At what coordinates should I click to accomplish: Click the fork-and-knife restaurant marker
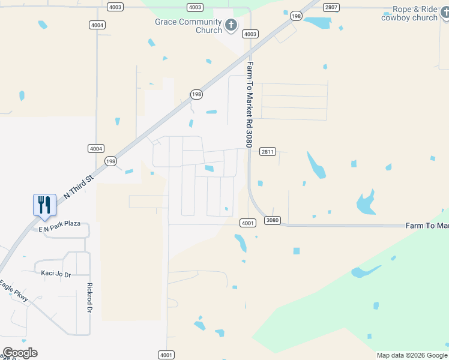pyautogui.click(x=44, y=205)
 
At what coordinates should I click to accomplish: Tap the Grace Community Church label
pyautogui.click(x=188, y=26)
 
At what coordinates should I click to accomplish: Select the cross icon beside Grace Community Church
pyautogui.click(x=231, y=26)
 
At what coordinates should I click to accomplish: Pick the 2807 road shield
pyautogui.click(x=331, y=7)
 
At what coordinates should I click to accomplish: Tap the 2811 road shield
pyautogui.click(x=268, y=152)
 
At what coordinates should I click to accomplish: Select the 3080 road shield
pyautogui.click(x=273, y=220)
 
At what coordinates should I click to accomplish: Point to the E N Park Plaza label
pyautogui.click(x=59, y=223)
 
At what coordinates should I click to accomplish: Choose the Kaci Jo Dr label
pyautogui.click(x=56, y=274)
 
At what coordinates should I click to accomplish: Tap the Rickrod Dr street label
pyautogui.click(x=89, y=298)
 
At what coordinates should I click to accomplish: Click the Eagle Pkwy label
pyautogui.click(x=14, y=291)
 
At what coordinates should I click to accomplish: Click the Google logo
pyautogui.click(x=20, y=353)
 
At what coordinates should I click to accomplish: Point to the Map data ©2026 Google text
pyautogui.click(x=412, y=355)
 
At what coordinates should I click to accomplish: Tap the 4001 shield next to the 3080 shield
pyautogui.click(x=249, y=223)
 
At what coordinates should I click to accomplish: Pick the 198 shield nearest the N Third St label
pyautogui.click(x=110, y=161)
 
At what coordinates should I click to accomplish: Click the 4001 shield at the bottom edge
pyautogui.click(x=166, y=355)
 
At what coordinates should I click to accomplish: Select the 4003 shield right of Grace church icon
pyautogui.click(x=250, y=34)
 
